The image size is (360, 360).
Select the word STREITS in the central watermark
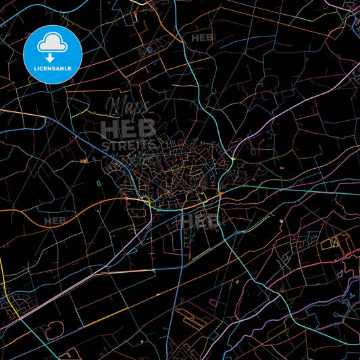coord(128,145)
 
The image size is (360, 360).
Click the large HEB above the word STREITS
coord(128,128)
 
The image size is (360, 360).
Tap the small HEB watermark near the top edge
coord(203,38)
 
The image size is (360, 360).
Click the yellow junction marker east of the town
coord(232,159)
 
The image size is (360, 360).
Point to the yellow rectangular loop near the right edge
coord(334,241)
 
